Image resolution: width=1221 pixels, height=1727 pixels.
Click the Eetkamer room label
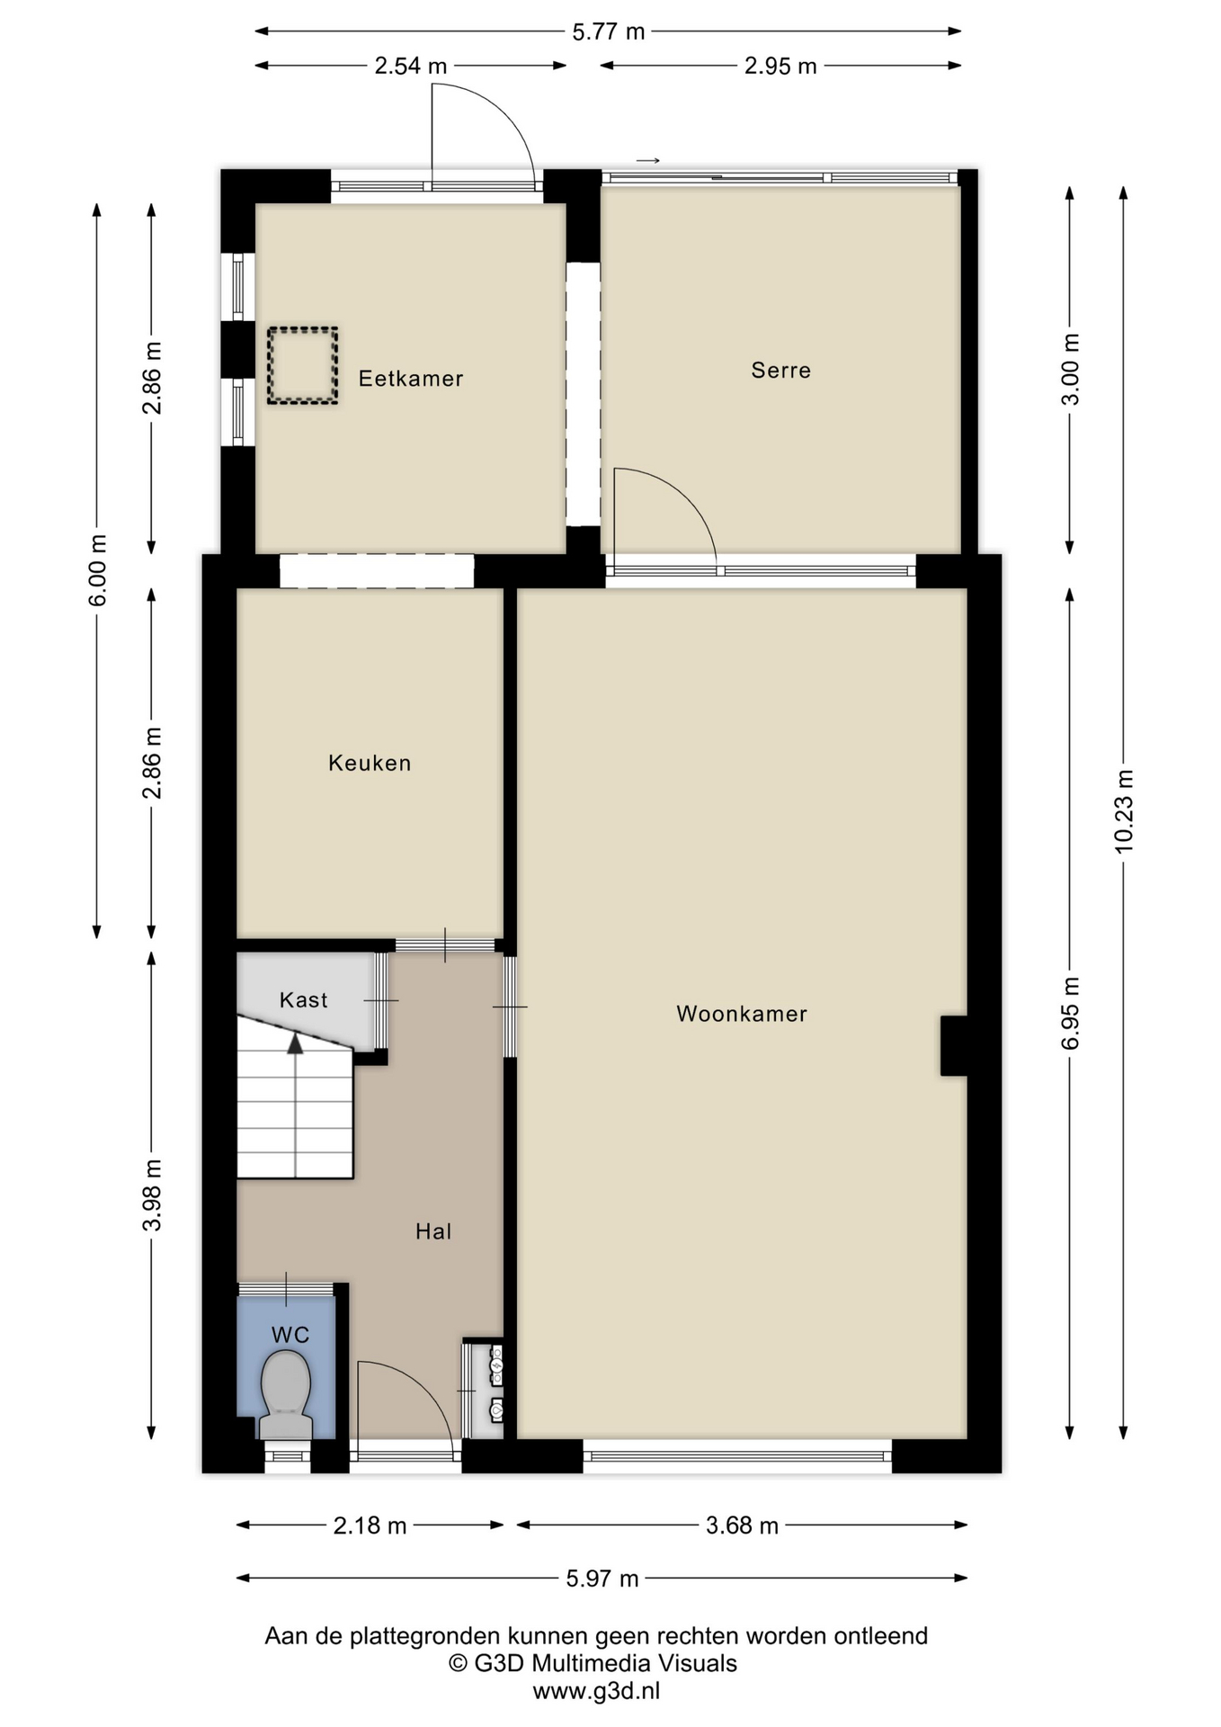[411, 379]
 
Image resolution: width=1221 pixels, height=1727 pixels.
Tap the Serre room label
[781, 371]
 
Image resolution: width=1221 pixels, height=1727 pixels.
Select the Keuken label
[370, 764]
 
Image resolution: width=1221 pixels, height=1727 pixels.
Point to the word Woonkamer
[742, 1015]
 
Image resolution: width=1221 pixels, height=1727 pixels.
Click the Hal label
[433, 1232]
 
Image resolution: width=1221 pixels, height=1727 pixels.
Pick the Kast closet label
[304, 1000]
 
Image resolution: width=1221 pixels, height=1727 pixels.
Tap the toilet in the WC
[286, 1395]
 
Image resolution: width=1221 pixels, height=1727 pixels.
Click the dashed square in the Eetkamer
[302, 365]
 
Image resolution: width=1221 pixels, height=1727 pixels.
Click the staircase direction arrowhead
[295, 1043]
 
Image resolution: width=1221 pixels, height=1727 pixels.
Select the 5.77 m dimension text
[609, 31]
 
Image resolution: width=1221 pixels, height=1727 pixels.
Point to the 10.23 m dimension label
[1124, 811]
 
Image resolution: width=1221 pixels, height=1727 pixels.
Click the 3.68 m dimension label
[742, 1526]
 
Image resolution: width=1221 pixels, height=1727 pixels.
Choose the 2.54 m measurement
[411, 66]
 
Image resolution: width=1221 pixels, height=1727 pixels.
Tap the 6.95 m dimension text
[1070, 1013]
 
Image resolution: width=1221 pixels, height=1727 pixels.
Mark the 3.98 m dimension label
[153, 1195]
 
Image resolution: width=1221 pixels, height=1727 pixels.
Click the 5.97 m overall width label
[602, 1579]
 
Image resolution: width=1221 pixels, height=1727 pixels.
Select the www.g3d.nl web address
[596, 1691]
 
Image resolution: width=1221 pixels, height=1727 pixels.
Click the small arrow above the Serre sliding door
[648, 161]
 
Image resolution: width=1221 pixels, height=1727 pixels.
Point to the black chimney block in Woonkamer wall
[954, 1046]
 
